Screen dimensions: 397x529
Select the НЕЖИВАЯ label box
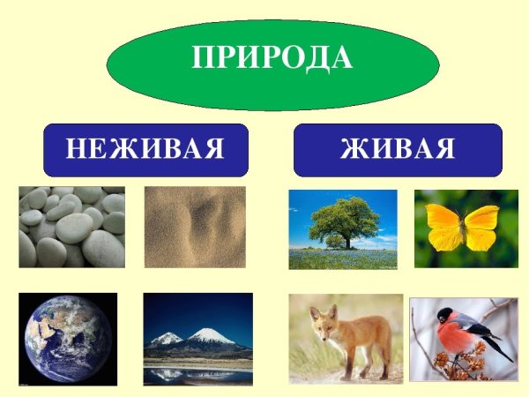[145, 149]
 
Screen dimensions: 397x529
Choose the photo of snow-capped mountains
[197, 339]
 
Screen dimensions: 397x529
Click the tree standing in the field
[345, 219]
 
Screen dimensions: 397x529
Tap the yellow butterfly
[462, 228]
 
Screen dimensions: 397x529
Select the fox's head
[324, 326]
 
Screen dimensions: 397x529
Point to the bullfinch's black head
[447, 316]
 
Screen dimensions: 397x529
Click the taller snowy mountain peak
[209, 334]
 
